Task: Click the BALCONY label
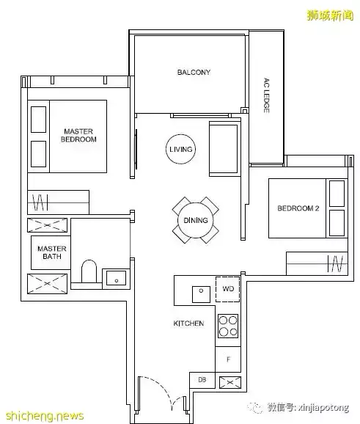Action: point(194,72)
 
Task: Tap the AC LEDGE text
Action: point(266,95)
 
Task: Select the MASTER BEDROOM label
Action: point(78,135)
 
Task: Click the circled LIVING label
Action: point(180,149)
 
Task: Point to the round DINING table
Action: point(196,220)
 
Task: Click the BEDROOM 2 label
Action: point(298,208)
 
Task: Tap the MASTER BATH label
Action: point(51,252)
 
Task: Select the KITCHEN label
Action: point(188,324)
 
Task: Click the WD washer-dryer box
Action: point(227,289)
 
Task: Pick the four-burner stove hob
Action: point(228,326)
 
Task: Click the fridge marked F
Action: point(228,359)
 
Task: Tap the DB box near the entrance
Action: point(202,380)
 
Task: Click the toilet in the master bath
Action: point(89,271)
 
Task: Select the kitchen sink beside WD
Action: point(201,294)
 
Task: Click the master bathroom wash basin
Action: point(116,278)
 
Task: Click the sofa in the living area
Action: point(224,149)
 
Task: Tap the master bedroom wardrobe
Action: point(59,202)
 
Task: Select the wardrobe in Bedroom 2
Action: point(317,263)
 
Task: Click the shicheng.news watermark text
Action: point(45,416)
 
